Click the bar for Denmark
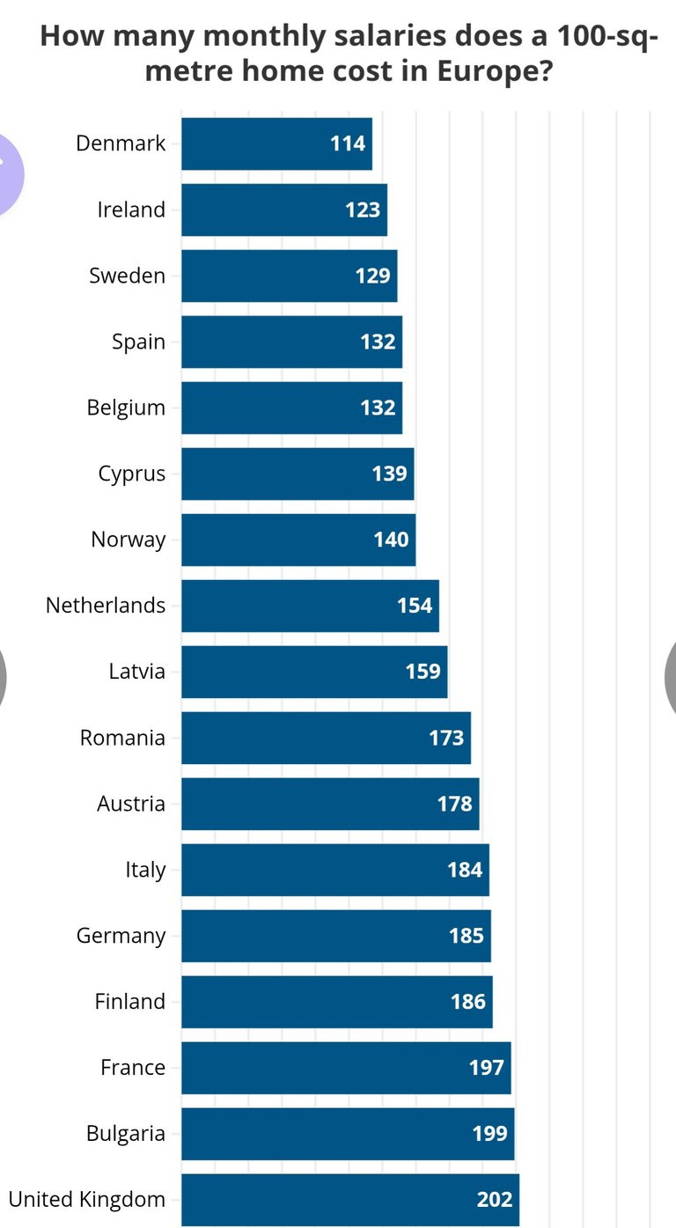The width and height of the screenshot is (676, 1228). pos(264,143)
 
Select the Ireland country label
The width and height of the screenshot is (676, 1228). pos(131,210)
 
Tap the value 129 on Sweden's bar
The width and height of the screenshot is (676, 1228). pos(372,276)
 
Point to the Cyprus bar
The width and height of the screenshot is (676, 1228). pos(282,474)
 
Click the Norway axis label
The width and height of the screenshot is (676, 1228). pos(128,540)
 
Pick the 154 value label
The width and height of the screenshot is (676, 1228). pos(415,606)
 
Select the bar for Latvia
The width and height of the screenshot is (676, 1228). pos(299,672)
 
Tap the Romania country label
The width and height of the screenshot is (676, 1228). pos(122,738)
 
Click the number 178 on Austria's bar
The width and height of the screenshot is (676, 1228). pos(454,804)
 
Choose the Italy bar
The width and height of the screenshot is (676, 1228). pos(317,870)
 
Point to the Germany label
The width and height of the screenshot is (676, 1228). pos(121,936)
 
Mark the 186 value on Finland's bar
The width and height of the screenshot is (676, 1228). pos(467,1002)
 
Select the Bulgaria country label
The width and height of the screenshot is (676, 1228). pos(125,1134)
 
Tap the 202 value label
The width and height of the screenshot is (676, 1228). pos(494,1200)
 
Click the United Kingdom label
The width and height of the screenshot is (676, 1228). pos(86,1199)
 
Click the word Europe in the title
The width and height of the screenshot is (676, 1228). pos(488,70)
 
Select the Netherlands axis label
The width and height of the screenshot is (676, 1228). pos(106,606)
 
